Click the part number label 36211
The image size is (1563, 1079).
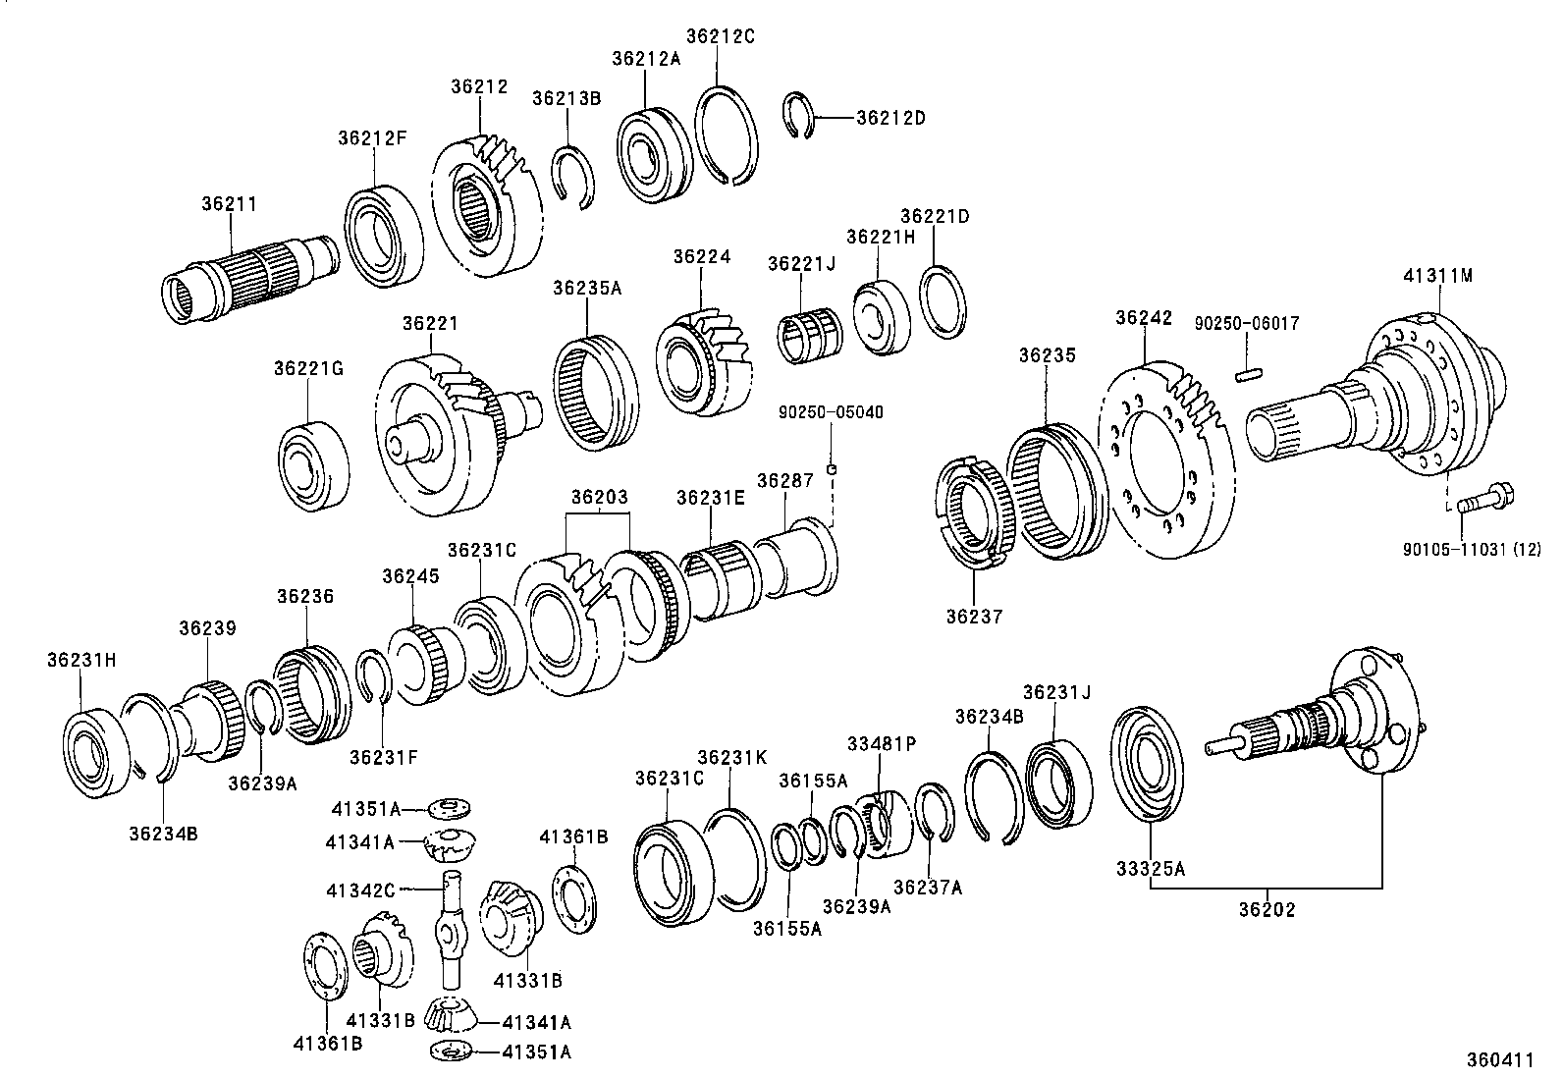coord(229,204)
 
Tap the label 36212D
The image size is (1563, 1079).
coord(890,118)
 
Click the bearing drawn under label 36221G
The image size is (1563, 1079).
coord(313,463)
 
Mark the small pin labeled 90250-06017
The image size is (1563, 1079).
coord(1247,374)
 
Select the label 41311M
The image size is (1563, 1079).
coord(1437,276)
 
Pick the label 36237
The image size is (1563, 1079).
coord(975,617)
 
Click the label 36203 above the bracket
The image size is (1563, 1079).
coord(599,497)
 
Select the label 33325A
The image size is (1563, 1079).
coord(1150,868)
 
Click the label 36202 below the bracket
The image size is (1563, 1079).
coord(1267,910)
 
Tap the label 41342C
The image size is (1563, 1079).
coord(360,890)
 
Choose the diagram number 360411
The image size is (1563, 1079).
coord(1499,1060)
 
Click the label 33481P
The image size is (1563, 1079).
coord(882,744)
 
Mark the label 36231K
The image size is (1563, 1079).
coord(731,757)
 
